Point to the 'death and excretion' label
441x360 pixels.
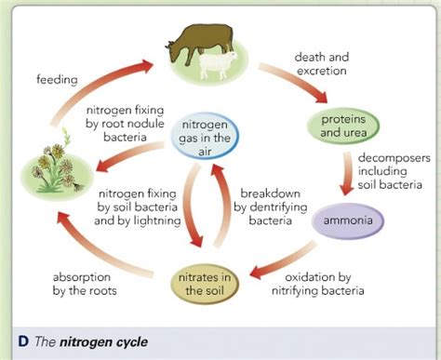click(322, 64)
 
